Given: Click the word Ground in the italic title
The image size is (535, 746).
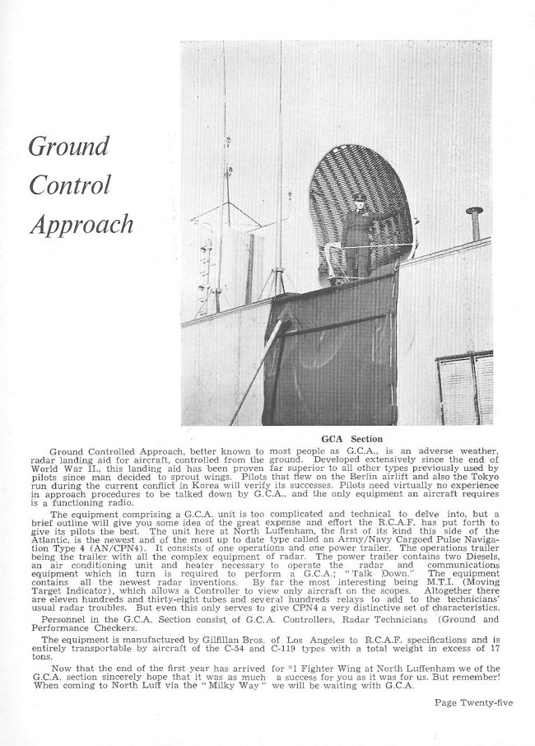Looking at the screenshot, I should (69, 147).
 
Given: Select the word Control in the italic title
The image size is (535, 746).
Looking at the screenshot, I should (70, 185).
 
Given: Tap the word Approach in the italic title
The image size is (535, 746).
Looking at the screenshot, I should (81, 225).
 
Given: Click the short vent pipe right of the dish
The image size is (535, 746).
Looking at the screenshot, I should (474, 223).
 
